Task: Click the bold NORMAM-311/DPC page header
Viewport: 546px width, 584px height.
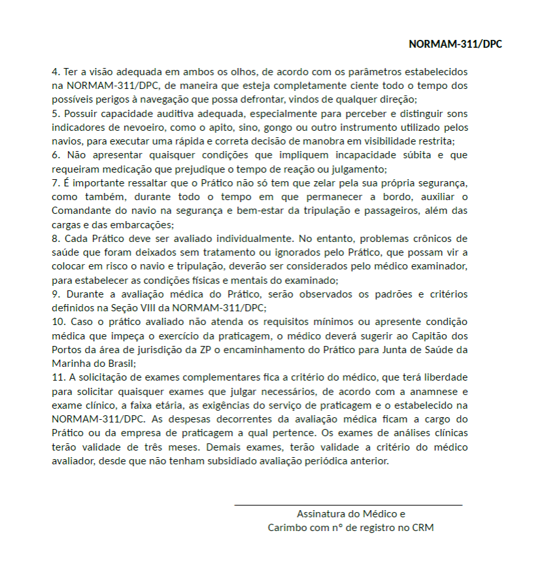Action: point(455,44)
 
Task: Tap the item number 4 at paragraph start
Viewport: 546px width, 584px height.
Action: point(55,71)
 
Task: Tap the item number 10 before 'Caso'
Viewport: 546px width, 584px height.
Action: point(58,322)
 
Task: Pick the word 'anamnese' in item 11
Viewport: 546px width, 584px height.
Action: point(434,392)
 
